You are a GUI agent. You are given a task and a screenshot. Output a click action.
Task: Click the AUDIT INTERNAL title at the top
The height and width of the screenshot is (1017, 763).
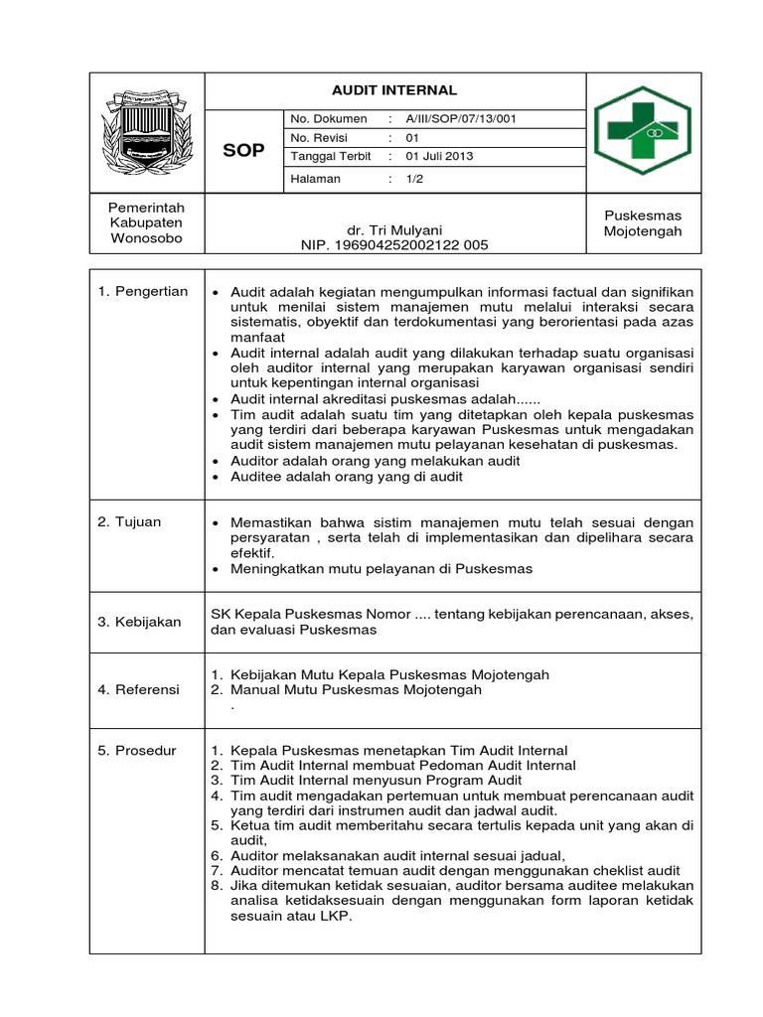394,89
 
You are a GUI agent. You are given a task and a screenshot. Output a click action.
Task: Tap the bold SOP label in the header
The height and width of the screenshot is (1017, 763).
244,149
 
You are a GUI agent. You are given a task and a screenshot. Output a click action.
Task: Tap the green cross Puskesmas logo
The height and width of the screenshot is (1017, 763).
644,130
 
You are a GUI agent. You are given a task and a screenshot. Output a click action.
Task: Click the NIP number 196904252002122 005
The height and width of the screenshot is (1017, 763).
394,244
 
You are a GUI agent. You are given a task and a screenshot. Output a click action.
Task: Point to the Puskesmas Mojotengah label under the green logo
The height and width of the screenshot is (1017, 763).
643,222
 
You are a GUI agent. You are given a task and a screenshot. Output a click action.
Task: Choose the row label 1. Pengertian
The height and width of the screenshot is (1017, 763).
143,291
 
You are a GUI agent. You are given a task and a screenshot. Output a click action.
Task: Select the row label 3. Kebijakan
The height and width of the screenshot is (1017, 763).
140,622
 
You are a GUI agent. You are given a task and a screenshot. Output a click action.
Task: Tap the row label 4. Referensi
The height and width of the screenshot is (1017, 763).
139,689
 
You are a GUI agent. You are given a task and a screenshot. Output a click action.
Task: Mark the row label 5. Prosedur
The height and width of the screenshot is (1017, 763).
137,751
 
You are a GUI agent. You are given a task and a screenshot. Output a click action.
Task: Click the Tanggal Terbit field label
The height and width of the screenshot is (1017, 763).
330,157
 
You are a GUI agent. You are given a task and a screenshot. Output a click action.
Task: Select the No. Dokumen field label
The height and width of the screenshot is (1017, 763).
329,119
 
